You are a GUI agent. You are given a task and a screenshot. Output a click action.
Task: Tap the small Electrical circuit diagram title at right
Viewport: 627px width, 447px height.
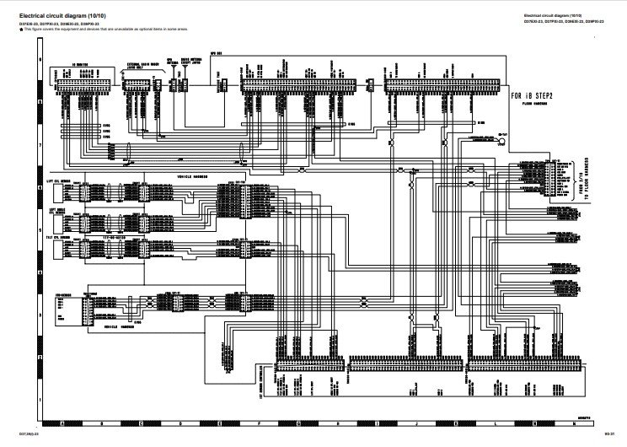(553, 15)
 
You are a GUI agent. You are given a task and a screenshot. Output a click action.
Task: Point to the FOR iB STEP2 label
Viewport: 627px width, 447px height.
(532, 95)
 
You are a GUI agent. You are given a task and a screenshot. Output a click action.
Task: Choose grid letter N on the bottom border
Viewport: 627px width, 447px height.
(573, 422)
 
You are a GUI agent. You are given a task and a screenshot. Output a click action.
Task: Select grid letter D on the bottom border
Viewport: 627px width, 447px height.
(180, 422)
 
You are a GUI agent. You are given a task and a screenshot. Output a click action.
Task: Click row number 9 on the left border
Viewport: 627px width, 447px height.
(40, 63)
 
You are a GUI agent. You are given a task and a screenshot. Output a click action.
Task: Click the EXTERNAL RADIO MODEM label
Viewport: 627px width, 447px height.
(139, 63)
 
